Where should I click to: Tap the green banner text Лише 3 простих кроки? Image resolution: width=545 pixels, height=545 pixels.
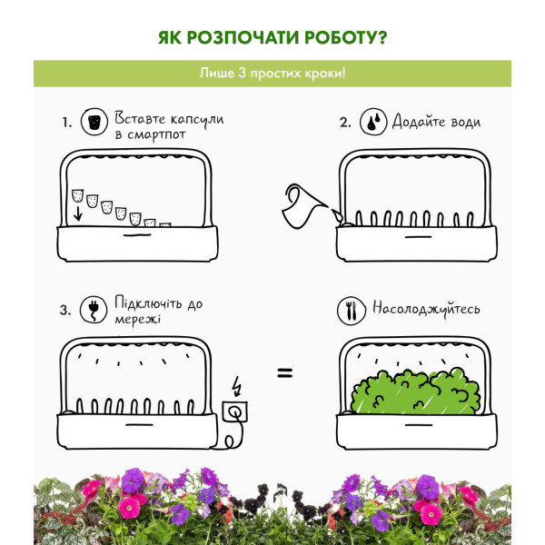[272, 74]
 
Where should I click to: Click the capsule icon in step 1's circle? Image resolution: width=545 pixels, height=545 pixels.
[94, 122]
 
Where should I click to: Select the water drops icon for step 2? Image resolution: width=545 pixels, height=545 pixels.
[373, 122]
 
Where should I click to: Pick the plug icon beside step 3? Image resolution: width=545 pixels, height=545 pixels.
[94, 309]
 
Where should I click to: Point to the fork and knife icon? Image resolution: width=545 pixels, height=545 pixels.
[352, 311]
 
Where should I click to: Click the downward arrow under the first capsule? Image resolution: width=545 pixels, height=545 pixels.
[78, 213]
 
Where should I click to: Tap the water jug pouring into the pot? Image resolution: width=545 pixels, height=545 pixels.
[303, 206]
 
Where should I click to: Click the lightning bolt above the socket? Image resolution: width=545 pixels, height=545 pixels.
[237, 386]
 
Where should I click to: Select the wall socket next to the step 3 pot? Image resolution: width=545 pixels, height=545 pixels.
[235, 411]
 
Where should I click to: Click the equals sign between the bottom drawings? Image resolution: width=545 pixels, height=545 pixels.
[285, 373]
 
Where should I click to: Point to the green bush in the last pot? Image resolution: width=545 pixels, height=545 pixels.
[416, 392]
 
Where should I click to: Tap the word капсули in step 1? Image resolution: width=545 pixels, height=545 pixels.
[197, 120]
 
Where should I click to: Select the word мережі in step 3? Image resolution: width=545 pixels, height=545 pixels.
[138, 320]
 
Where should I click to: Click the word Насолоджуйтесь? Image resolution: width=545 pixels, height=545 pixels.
[426, 309]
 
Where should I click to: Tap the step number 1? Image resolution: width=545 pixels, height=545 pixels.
[67, 123]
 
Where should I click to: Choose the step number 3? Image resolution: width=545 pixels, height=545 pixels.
[65, 310]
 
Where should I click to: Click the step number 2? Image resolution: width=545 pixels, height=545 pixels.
[345, 123]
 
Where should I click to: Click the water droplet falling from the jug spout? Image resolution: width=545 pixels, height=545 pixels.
[337, 216]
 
